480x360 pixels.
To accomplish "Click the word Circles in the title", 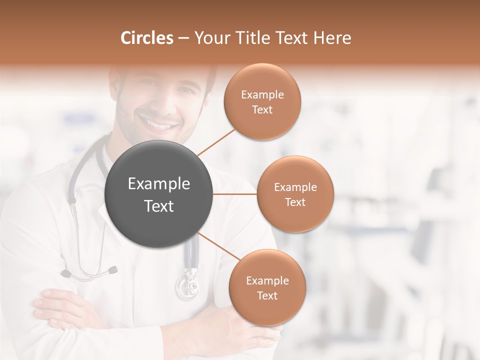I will coord(146,38).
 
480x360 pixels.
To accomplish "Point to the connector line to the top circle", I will coord(216,141).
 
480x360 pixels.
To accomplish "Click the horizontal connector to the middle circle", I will coord(235,194).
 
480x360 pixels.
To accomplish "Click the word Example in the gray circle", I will coord(159,184).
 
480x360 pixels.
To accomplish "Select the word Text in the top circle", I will coord(262,110).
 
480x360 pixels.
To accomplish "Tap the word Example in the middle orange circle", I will coord(295,187).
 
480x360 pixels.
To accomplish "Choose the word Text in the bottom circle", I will coord(267,296).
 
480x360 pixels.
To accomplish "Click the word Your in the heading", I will coord(210,38).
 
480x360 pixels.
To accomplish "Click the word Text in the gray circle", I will coord(159,206).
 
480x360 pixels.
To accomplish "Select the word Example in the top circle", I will coord(262,95).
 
